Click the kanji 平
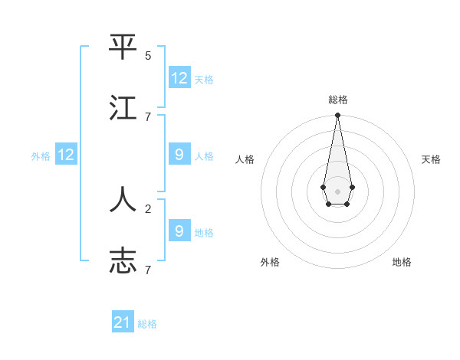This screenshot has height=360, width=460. (x=123, y=48)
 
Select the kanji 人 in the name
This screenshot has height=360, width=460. (x=123, y=200)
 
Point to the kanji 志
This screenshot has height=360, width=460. (x=123, y=260)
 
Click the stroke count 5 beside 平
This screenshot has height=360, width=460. (x=148, y=56)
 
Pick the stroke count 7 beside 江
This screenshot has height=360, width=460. (x=148, y=116)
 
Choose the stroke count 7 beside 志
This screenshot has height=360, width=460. (x=148, y=270)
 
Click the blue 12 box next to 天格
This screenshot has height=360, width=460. (x=179, y=78)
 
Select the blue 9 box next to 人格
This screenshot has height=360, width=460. (x=179, y=155)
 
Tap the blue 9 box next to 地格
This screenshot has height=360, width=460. (x=179, y=231)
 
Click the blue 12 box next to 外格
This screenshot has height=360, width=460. (x=66, y=155)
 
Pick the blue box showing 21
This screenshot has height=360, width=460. (x=123, y=322)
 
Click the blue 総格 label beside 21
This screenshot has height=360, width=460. (x=147, y=324)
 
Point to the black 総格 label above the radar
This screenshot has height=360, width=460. (x=337, y=100)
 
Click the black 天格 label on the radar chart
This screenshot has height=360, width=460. (x=432, y=159)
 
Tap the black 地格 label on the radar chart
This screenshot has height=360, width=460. (x=402, y=262)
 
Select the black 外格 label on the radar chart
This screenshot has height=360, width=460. (x=270, y=262)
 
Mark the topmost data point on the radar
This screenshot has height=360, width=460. (x=337, y=116)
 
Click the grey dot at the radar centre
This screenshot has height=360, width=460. (x=337, y=191)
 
